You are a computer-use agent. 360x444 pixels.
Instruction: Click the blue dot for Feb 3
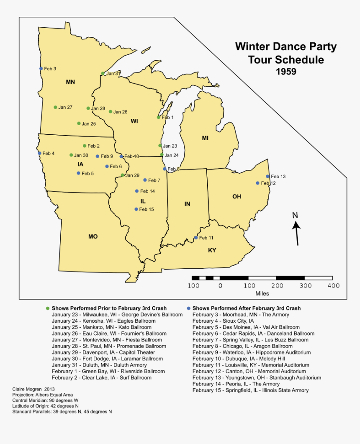coord(41,69)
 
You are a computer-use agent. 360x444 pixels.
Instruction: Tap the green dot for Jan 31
coord(103,74)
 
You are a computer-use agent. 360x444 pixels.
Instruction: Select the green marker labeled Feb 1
coord(158,118)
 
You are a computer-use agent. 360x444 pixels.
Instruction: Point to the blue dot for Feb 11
coord(196,238)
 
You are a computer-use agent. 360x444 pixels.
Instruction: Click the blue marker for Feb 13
coord(268,177)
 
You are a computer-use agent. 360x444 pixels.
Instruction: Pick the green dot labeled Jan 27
coord(55,107)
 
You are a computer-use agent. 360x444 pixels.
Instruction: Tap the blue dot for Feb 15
coord(136,209)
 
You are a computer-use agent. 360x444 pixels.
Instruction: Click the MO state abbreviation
coord(93,237)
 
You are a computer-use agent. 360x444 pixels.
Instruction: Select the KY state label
coord(212,250)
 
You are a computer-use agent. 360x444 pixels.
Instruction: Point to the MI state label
coord(205,138)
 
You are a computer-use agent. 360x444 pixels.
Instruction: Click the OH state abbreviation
coord(237,196)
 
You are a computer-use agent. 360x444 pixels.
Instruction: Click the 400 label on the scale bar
coord(333,286)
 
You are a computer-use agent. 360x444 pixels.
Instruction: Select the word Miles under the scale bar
coord(262,294)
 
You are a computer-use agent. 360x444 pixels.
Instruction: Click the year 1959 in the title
coord(286,72)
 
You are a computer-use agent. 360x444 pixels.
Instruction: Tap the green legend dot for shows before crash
coord(47,308)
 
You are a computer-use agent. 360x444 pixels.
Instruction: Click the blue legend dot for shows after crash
coord(189,308)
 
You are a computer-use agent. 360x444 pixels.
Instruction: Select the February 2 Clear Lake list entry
coord(101,377)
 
